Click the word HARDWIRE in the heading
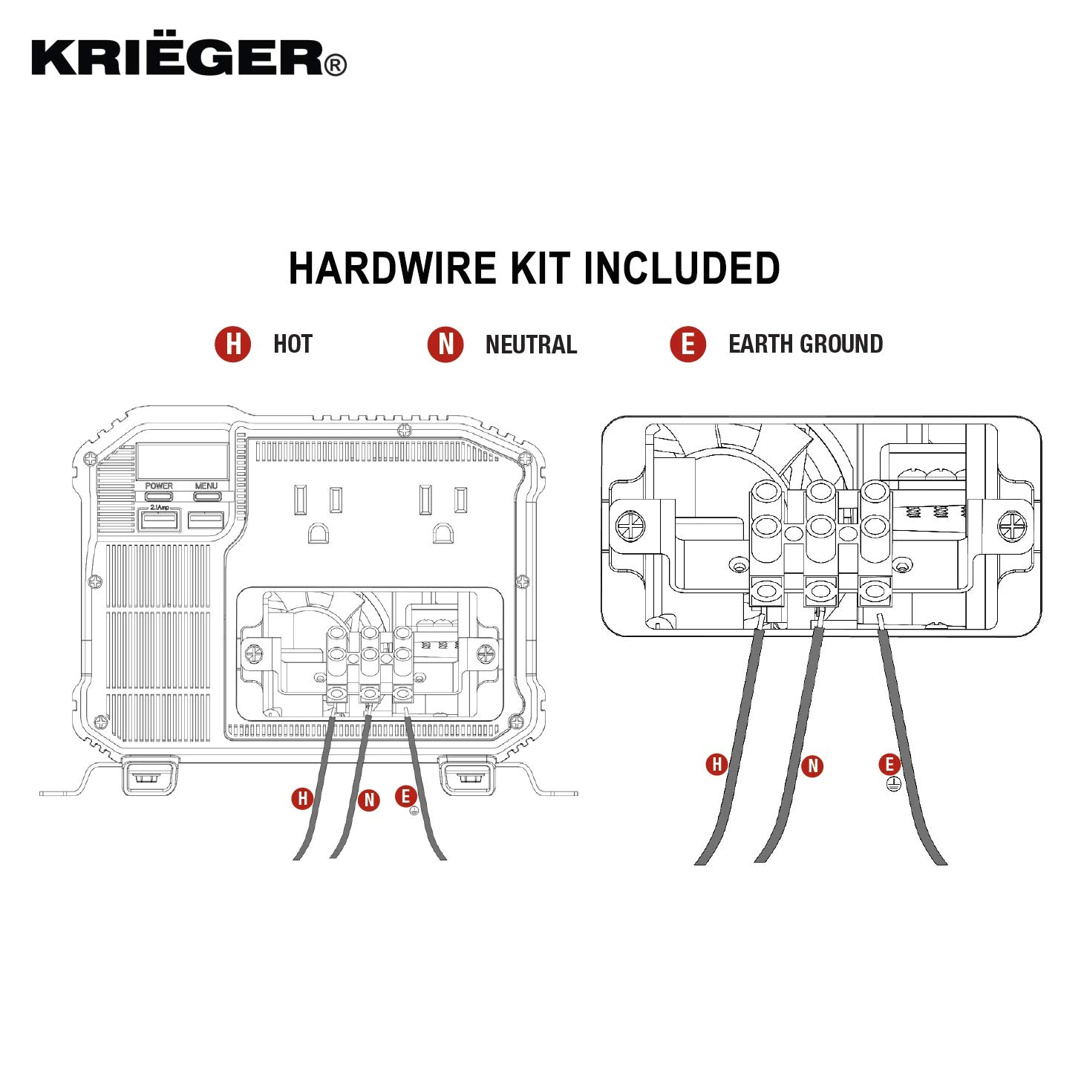pyautogui.click(x=392, y=269)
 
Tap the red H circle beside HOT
pyautogui.click(x=233, y=345)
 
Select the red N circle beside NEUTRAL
pyautogui.click(x=445, y=345)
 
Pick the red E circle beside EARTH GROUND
pyautogui.click(x=688, y=345)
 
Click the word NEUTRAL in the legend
pyautogui.click(x=531, y=345)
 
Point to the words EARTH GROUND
pyautogui.click(x=806, y=345)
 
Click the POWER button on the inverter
pyautogui.click(x=159, y=495)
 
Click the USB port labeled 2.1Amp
pyautogui.click(x=160, y=520)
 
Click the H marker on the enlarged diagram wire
pyautogui.click(x=716, y=764)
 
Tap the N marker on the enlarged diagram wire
pyautogui.click(x=813, y=766)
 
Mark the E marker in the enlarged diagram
pyautogui.click(x=889, y=764)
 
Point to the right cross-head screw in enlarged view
pyautogui.click(x=1012, y=527)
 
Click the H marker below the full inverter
pyautogui.click(x=302, y=799)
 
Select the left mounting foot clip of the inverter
pyautogui.click(x=150, y=776)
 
